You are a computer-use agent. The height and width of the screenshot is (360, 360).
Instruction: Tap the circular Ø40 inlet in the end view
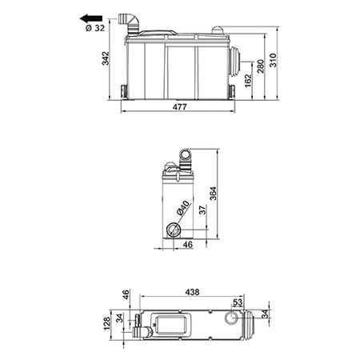tap(174, 230)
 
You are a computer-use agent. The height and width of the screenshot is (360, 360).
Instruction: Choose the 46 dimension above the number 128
tap(126, 294)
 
